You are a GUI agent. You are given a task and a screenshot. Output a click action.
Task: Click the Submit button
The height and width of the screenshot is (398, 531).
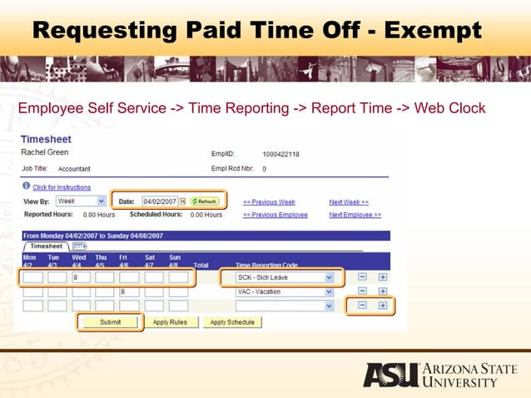pyautogui.click(x=109, y=322)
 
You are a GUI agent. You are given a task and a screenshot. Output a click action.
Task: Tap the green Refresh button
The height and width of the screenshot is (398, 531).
pyautogui.click(x=204, y=201)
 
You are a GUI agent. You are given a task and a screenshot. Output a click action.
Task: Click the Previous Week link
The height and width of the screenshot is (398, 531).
pyautogui.click(x=268, y=201)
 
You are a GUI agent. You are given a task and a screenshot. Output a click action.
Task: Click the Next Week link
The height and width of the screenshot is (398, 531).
pyautogui.click(x=349, y=201)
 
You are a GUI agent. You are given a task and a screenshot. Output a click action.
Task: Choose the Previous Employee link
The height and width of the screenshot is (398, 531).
pyautogui.click(x=275, y=215)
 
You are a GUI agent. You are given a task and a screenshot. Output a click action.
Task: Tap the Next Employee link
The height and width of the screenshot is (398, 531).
pyautogui.click(x=355, y=215)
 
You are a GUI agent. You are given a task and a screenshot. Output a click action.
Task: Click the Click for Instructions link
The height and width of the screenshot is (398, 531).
pyautogui.click(x=61, y=187)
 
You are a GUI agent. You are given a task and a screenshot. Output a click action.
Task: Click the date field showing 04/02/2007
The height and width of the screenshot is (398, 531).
pyautogui.click(x=159, y=201)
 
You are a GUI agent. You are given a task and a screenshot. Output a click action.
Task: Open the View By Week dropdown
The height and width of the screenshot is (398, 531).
pyautogui.click(x=81, y=201)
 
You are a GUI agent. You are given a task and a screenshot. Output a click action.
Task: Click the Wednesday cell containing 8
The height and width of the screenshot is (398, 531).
pyautogui.click(x=81, y=277)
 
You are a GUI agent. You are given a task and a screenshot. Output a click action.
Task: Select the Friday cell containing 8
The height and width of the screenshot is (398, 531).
pyautogui.click(x=128, y=292)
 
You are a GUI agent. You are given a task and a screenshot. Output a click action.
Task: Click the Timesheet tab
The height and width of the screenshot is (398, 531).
pyautogui.click(x=47, y=246)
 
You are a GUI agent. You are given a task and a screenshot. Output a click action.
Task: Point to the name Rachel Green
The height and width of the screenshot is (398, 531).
pyautogui.click(x=44, y=153)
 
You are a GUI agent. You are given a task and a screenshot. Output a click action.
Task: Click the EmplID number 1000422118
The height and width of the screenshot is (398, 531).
pyautogui.click(x=280, y=154)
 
